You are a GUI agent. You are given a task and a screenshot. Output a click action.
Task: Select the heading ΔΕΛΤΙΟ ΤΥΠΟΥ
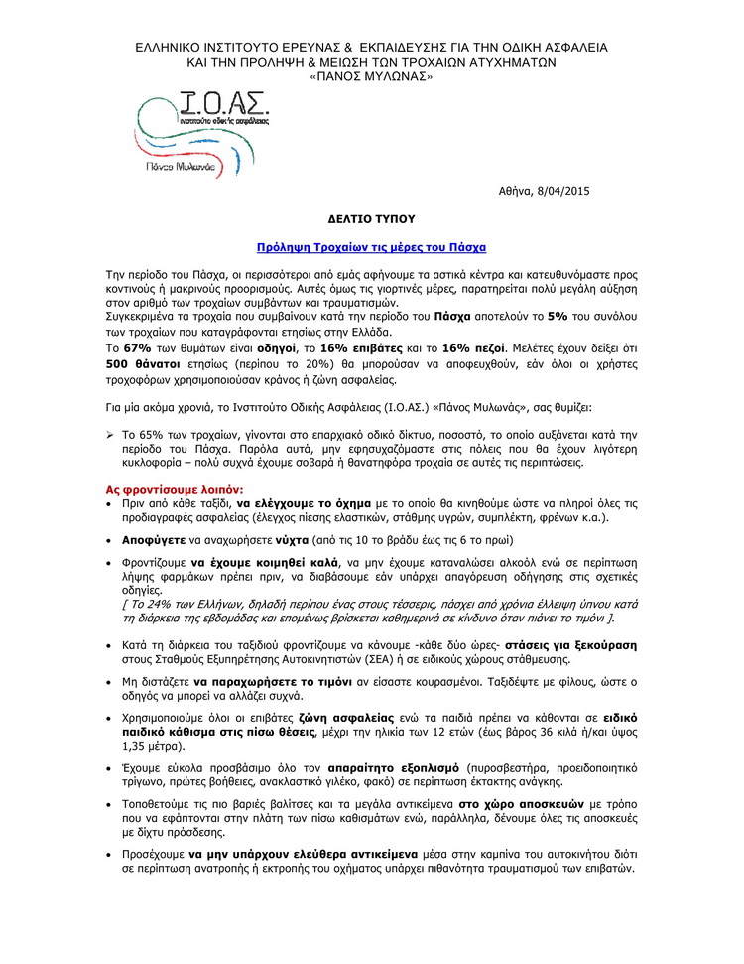coord(371,217)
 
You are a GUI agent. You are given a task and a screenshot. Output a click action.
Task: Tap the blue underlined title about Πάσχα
coord(371,245)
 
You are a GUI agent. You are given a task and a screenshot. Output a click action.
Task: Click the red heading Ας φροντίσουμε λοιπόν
coord(174,490)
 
